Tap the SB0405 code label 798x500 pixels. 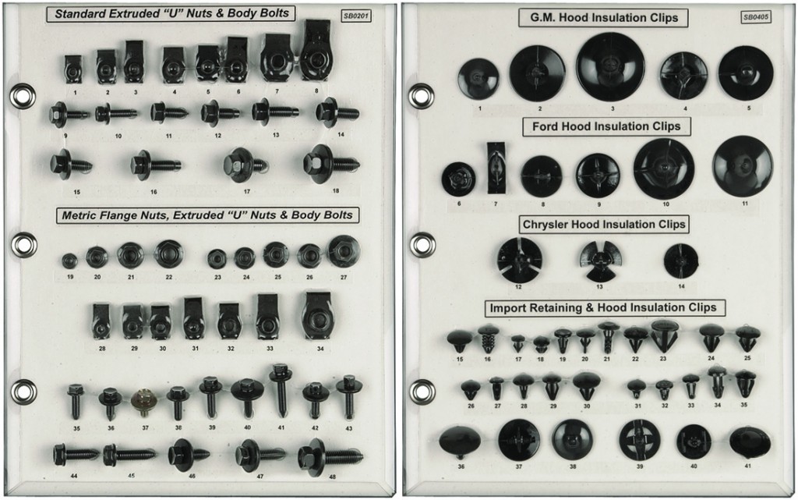coord(754,16)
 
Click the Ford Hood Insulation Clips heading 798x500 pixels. coord(606,126)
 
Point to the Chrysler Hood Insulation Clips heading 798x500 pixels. coord(604,224)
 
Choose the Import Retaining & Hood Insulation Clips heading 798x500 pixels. coord(600,307)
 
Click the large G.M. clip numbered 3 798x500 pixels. coord(610,66)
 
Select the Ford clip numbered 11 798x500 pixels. coord(742,165)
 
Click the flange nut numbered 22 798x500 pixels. coord(168,254)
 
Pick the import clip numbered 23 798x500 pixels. coord(664,335)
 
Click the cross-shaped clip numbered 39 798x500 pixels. coord(640,439)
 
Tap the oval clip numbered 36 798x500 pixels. coord(460,441)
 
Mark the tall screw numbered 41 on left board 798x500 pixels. coord(281,389)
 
